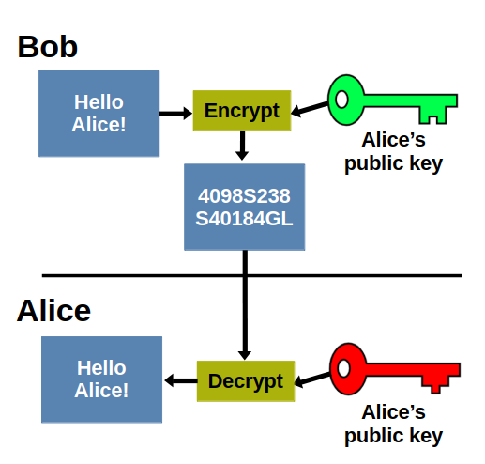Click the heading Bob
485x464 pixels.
[47, 47]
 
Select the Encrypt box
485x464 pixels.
[242, 111]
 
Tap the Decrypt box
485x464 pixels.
[245, 381]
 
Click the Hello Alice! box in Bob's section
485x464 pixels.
[99, 113]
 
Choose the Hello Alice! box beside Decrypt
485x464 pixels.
[101, 379]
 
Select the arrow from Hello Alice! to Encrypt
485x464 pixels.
[175, 113]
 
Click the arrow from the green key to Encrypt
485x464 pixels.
[311, 110]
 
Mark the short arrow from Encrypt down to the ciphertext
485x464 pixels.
[242, 145]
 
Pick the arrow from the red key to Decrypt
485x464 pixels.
[312, 379]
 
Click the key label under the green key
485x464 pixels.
[393, 153]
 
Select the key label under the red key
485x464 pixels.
[393, 424]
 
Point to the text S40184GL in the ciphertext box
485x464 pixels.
[244, 218]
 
